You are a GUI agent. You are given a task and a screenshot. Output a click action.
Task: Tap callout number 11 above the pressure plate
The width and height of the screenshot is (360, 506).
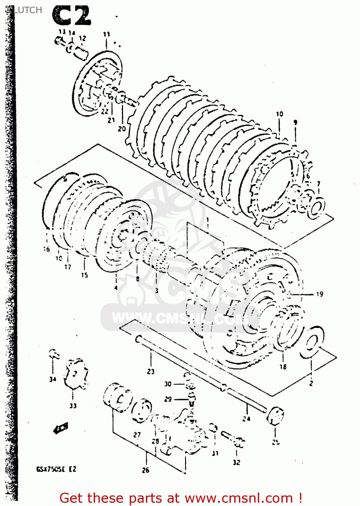coord(107,34)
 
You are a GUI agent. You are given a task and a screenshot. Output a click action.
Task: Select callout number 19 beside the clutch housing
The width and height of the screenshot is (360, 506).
coord(320,294)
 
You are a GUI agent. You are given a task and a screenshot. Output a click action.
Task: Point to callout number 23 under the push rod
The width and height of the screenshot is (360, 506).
coord(151,371)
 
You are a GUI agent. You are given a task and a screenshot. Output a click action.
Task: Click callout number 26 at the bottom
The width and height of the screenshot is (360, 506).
coord(146,470)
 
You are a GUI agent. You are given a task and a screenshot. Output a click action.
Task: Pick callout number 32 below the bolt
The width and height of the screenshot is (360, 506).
coord(237,462)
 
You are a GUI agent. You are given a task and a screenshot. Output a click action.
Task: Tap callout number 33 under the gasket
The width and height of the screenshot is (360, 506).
coord(73,406)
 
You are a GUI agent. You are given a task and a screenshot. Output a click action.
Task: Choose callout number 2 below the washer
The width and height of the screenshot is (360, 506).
coord(311,383)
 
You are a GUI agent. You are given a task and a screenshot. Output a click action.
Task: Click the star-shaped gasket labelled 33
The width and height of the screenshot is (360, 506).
coord(77,374)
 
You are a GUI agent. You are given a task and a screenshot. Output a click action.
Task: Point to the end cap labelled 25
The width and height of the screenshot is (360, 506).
coord(275,417)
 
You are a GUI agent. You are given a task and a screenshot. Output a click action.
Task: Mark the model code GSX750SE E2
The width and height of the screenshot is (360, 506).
coord(56,469)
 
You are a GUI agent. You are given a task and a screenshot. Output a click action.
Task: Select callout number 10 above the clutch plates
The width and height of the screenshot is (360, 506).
coord(279,114)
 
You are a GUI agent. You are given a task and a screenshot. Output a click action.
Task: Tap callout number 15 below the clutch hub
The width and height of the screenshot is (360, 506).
coord(84,275)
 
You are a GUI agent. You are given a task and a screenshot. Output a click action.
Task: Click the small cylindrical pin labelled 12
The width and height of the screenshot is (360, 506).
coord(81,53)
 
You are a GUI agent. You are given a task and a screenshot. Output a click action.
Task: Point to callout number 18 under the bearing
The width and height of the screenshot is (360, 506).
coord(283,367)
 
